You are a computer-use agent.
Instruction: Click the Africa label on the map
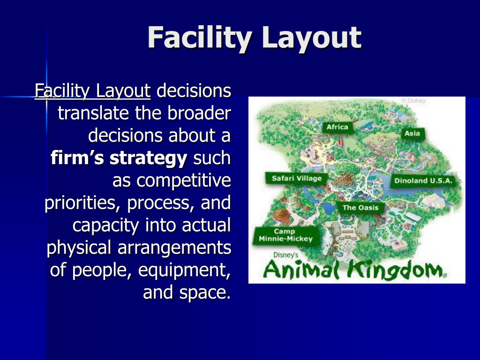click(x=337, y=127)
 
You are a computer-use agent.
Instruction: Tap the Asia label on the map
click(x=412, y=134)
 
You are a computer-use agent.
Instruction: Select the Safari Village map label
click(x=297, y=178)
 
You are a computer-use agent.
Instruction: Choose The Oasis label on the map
click(x=360, y=208)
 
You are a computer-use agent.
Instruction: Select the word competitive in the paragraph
click(x=183, y=181)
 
